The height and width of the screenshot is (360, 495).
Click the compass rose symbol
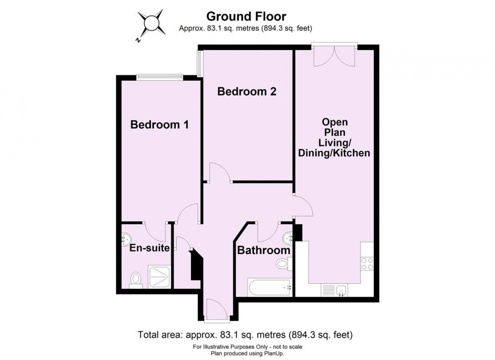[x=151, y=24]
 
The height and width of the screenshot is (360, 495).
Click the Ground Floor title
[x=246, y=16]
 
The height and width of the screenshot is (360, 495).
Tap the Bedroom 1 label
[x=159, y=124]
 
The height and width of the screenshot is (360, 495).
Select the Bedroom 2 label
[x=247, y=92]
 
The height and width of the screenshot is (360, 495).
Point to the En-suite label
[x=149, y=248]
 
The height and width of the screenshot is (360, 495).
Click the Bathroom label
[x=264, y=251]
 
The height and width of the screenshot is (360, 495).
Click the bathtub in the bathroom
[x=269, y=288]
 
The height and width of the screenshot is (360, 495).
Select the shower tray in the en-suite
[x=160, y=277]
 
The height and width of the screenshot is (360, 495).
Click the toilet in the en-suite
[x=136, y=280]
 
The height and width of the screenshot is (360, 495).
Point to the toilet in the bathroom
[x=284, y=263]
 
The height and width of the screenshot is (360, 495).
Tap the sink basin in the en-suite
[x=126, y=238]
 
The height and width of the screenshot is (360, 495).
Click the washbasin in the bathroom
[x=288, y=238]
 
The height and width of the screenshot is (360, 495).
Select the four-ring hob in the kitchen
[x=367, y=263]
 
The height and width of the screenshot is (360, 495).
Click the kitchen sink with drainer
[x=335, y=290]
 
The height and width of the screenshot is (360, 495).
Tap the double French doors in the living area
[x=334, y=56]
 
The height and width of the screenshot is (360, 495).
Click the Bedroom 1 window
[x=160, y=76]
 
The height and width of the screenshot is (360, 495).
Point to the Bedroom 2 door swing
[x=220, y=172]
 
